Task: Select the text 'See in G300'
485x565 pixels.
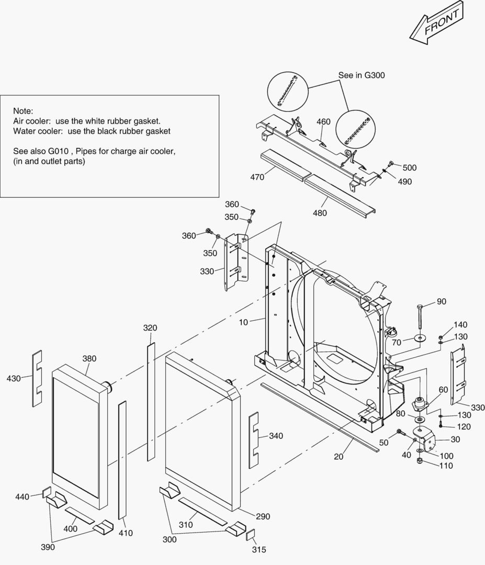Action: [362, 75]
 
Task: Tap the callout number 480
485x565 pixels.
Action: [320, 213]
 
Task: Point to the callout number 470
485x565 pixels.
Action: [257, 177]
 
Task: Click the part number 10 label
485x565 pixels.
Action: [243, 322]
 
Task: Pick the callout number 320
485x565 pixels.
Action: [150, 328]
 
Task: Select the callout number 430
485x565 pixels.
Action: [14, 378]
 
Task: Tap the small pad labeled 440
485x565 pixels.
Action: [46, 492]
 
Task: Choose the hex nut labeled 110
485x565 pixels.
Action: [419, 461]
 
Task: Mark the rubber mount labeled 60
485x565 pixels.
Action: [420, 405]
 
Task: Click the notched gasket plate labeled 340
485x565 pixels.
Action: [254, 438]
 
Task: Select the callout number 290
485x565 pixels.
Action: [263, 516]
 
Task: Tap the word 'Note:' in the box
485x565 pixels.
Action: [23, 111]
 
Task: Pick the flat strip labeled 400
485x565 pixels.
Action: [80, 515]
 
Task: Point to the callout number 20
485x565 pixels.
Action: [339, 457]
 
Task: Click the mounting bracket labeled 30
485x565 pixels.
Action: [426, 439]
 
